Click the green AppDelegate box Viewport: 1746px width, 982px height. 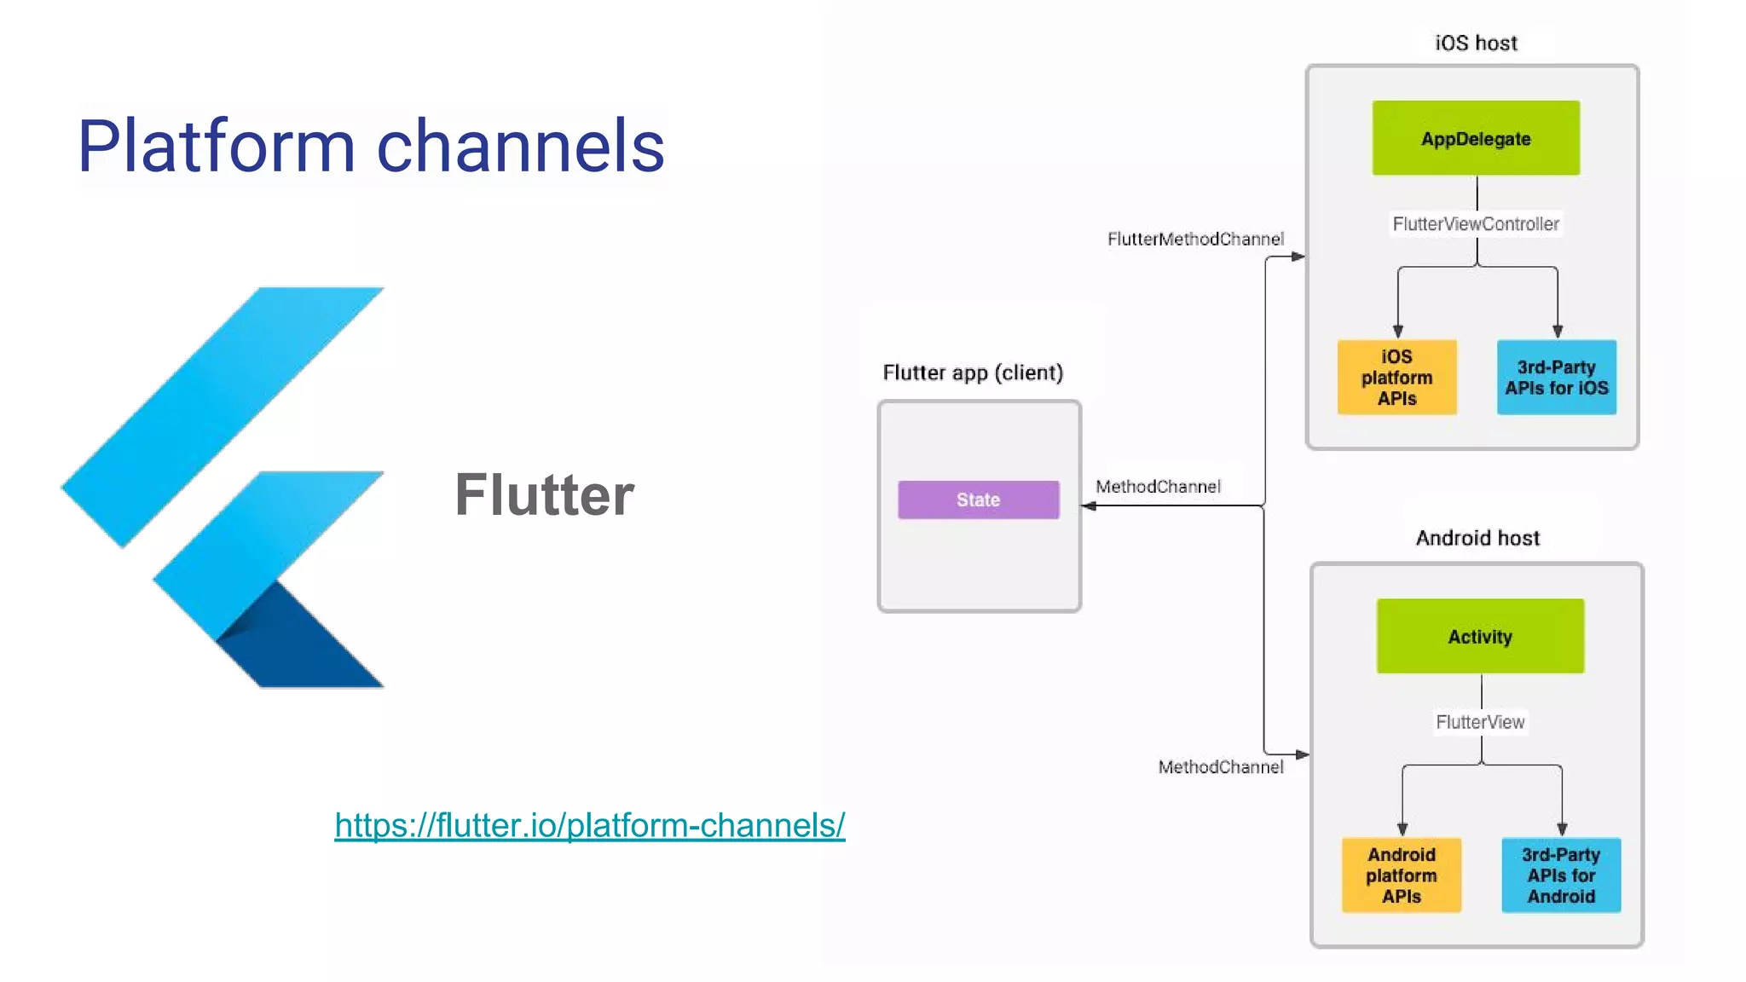click(x=1475, y=138)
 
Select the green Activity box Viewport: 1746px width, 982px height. click(x=1480, y=636)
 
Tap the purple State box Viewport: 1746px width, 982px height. click(x=978, y=500)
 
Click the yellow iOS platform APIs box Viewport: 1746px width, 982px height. click(x=1396, y=377)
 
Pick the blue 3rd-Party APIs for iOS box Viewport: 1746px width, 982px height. click(x=1556, y=377)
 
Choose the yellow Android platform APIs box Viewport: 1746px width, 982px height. click(x=1401, y=875)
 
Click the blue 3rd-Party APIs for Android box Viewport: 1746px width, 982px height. click(x=1560, y=875)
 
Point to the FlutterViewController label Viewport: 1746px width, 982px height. click(x=1475, y=223)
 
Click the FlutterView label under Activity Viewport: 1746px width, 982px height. click(x=1480, y=722)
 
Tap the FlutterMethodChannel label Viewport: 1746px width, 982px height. click(x=1195, y=239)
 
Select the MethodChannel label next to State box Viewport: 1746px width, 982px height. click(x=1158, y=487)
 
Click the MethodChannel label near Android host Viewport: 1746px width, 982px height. click(x=1220, y=767)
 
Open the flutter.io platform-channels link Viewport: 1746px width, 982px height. click(x=589, y=825)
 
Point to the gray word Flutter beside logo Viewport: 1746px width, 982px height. click(x=544, y=494)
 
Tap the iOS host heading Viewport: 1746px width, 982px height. click(x=1476, y=43)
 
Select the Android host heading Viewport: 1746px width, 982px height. click(x=1477, y=538)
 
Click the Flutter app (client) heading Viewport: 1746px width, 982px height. click(x=973, y=373)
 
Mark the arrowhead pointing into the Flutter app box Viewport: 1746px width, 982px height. click(x=1089, y=506)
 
